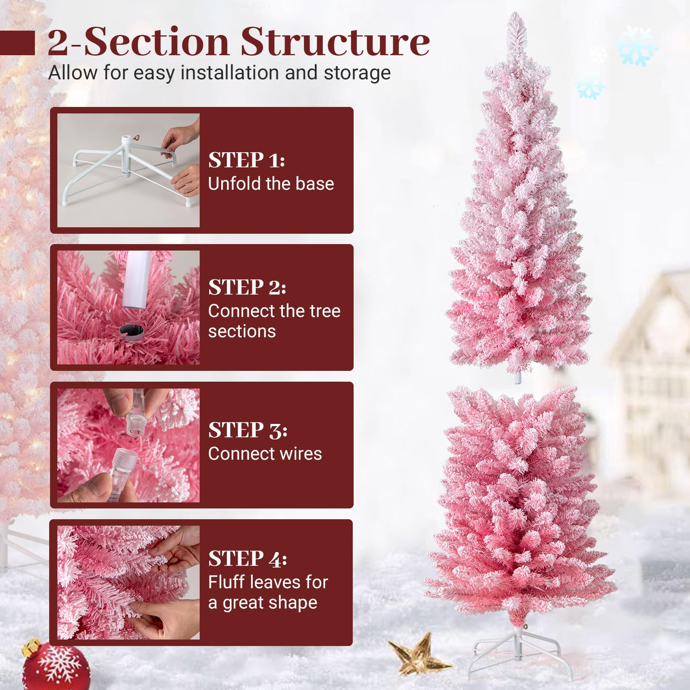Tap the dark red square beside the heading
pyautogui.click(x=17, y=43)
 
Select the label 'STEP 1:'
pyautogui.click(x=246, y=160)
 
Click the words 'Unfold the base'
pyautogui.click(x=271, y=184)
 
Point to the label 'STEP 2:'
pyautogui.click(x=247, y=287)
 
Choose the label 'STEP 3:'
pyautogui.click(x=248, y=430)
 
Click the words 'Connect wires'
pyautogui.click(x=265, y=454)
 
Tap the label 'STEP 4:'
pyautogui.click(x=248, y=559)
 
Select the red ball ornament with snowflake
pyautogui.click(x=56, y=666)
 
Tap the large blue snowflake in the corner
pyautogui.click(x=637, y=46)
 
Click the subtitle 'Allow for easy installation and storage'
pyautogui.click(x=220, y=73)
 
